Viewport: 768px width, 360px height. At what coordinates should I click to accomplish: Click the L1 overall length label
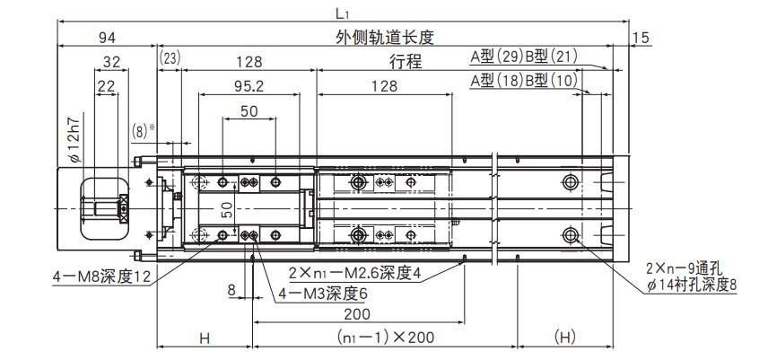[341, 13]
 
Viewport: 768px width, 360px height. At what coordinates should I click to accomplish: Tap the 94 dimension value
[108, 37]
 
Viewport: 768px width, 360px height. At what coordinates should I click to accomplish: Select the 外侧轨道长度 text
[384, 37]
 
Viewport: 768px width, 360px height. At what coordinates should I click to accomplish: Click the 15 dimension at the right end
[641, 37]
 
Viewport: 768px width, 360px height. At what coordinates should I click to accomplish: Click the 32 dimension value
[112, 62]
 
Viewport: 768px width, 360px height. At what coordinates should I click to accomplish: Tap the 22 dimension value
[107, 86]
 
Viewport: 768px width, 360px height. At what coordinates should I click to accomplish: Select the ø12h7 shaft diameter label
[75, 138]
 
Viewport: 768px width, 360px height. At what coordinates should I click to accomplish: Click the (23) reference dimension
[170, 58]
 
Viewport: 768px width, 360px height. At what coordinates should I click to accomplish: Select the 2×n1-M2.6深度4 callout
[354, 273]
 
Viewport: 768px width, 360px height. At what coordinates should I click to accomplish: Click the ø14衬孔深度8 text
[692, 285]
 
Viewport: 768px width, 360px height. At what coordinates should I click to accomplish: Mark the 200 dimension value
[358, 314]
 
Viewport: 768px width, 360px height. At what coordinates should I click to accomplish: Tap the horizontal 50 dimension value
[249, 110]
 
